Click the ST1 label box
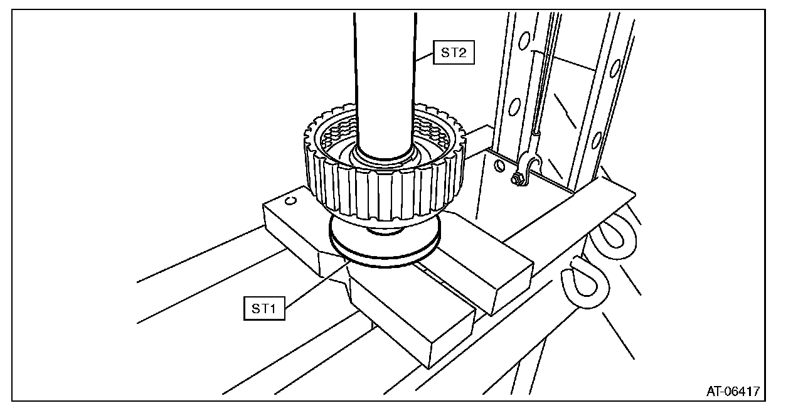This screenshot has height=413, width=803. click(264, 308)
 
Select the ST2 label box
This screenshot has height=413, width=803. click(454, 53)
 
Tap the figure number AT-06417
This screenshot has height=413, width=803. click(733, 391)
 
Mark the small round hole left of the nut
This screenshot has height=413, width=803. click(499, 166)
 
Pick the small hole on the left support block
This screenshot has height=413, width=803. click(290, 201)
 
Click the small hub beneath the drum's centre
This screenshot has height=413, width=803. click(384, 230)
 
